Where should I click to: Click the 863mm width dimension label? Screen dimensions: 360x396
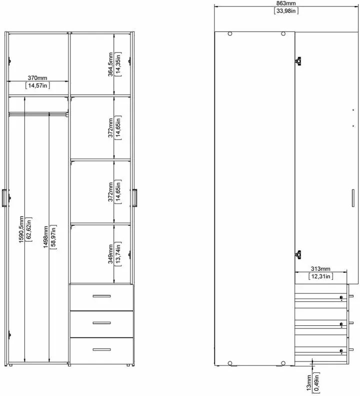click(286, 4)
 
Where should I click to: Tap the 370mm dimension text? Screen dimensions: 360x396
click(37, 78)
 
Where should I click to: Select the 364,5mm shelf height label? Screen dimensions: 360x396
click(110, 64)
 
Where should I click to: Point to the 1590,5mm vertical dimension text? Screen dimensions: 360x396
click(21, 229)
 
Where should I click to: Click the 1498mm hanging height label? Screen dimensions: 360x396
click(45, 237)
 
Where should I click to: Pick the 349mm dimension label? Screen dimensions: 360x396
click(110, 254)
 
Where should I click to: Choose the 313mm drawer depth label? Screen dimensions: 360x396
click(320, 269)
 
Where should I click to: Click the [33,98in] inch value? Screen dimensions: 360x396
click(286, 11)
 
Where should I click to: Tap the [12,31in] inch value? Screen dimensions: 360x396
click(320, 276)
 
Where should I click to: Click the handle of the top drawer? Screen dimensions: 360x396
click(101, 296)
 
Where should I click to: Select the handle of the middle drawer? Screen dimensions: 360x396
click(101, 323)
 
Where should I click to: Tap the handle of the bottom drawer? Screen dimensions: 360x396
click(101, 349)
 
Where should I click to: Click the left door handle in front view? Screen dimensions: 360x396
click(4, 198)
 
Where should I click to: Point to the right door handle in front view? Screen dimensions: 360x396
click(134, 198)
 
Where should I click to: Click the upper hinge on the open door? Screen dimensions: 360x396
click(298, 61)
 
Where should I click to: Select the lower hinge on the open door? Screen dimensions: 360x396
click(298, 255)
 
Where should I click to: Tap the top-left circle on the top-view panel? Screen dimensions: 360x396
click(230, 34)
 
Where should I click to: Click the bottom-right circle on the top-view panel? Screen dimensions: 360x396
click(283, 363)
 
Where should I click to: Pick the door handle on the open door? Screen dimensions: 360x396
click(353, 198)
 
